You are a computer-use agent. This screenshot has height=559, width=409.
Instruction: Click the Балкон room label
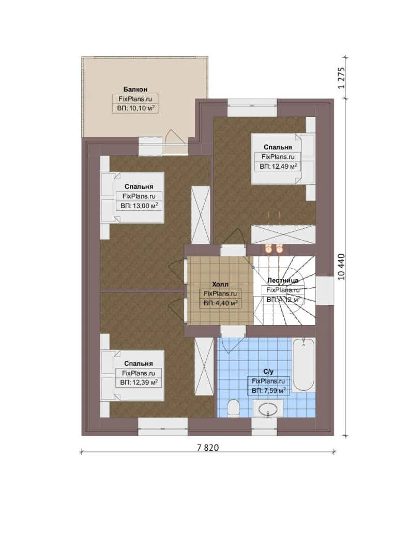(135, 89)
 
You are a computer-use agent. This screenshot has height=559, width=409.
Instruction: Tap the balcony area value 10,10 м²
(135, 108)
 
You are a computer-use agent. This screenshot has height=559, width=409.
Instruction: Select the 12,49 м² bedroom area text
(278, 167)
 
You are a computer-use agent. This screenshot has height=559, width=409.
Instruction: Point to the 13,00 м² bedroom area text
(139, 205)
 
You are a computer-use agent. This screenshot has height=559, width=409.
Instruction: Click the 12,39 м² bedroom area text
(139, 383)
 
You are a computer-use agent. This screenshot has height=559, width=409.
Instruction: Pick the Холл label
(220, 284)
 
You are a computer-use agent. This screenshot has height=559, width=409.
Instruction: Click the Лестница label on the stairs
(283, 280)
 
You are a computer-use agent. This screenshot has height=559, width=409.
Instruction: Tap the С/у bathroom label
(268, 372)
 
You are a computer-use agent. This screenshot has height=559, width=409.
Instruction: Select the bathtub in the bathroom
(304, 365)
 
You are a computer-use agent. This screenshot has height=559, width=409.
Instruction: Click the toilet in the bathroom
(233, 408)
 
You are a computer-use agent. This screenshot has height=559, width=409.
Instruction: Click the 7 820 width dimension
(208, 447)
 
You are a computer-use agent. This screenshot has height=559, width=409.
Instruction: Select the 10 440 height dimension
(341, 267)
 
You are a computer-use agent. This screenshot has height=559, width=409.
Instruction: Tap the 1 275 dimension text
(341, 78)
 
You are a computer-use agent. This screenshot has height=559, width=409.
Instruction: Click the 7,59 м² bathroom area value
(269, 391)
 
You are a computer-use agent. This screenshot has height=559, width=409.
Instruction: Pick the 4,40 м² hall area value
(221, 303)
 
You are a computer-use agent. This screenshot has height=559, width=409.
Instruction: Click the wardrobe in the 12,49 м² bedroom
(283, 234)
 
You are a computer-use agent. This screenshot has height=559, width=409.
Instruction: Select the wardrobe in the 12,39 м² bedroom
(204, 366)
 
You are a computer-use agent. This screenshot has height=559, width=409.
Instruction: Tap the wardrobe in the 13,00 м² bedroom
(201, 215)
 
